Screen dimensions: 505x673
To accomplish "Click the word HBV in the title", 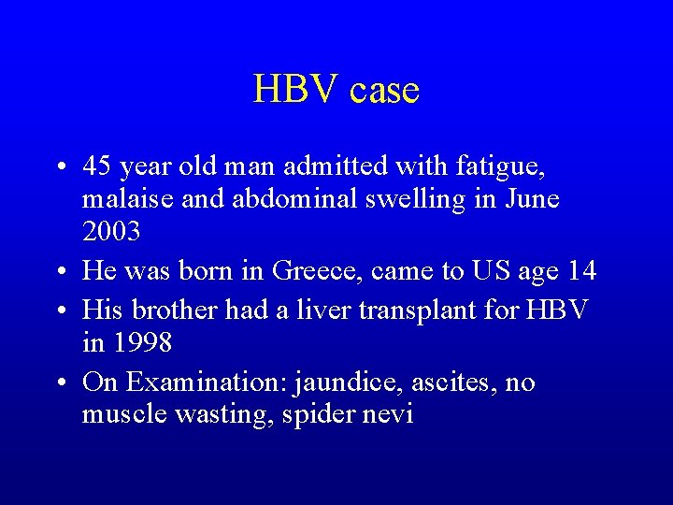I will coord(295,90).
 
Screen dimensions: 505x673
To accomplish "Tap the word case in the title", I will coord(384,91).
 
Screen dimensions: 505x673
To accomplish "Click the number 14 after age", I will coord(580,271).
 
